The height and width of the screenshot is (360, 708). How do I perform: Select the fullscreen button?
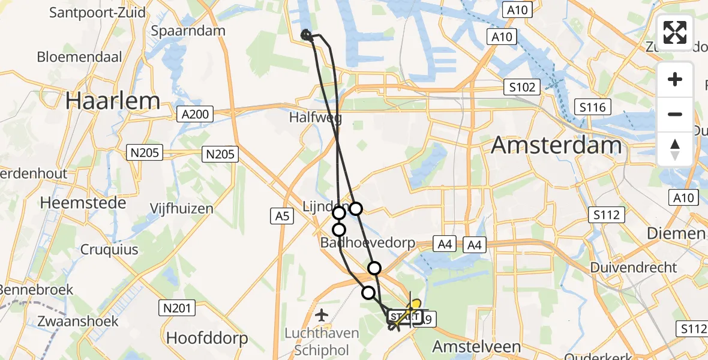(x=675, y=32)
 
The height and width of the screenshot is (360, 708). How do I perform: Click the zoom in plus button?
(x=675, y=80)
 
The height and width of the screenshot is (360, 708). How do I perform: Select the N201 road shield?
(x=178, y=308)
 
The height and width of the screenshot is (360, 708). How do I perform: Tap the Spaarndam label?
(x=188, y=31)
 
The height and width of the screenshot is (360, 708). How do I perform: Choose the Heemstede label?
(x=83, y=203)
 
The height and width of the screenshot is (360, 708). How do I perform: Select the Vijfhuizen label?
(x=182, y=209)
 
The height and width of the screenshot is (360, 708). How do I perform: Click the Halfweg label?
(x=316, y=118)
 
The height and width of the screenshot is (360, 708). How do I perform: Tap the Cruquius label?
(x=109, y=250)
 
